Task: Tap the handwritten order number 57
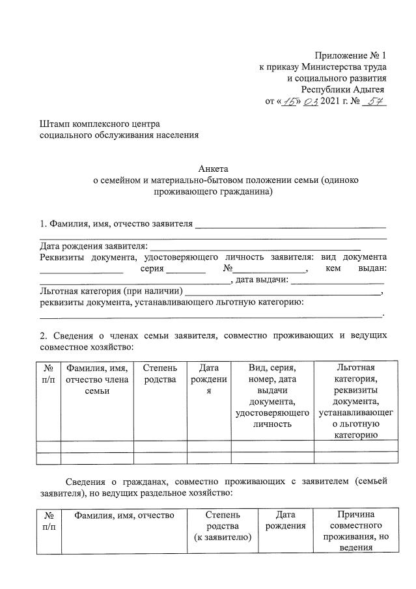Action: pos(373,102)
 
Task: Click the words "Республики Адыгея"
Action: pos(342,90)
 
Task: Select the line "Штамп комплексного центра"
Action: pos(100,124)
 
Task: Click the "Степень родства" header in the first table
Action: pos(160,374)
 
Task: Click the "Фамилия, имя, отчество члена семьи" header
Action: pos(96,379)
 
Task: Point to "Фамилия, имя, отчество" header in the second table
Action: pos(124,515)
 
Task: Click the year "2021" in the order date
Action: pos(332,102)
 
